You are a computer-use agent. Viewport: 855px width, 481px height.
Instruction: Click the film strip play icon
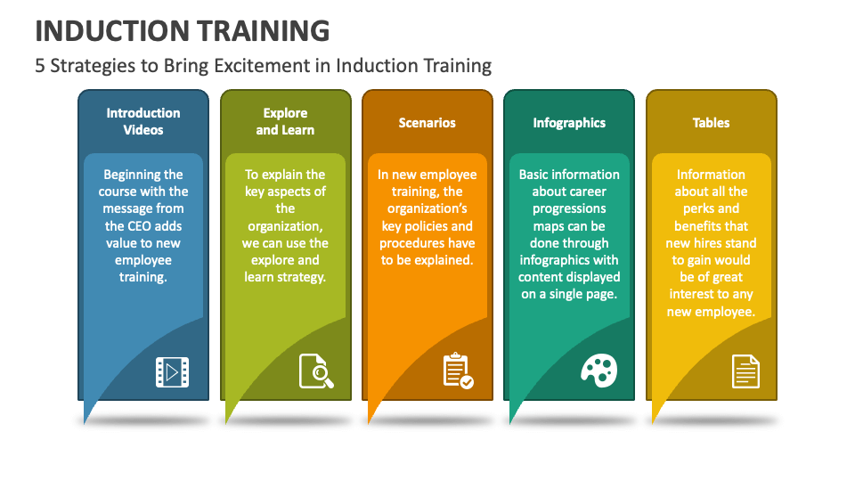tap(172, 371)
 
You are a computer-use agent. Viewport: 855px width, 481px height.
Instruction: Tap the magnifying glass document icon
tap(316, 371)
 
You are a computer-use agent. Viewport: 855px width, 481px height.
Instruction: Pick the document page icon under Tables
tap(745, 371)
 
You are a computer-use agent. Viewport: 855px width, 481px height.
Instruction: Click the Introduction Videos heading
tap(143, 121)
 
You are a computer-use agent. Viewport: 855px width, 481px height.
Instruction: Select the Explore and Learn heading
tap(285, 121)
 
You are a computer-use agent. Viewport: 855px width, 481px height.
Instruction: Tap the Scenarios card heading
tap(427, 123)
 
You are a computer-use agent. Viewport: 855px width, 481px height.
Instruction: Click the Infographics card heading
tap(569, 123)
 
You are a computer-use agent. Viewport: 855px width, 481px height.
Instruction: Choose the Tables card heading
tap(711, 123)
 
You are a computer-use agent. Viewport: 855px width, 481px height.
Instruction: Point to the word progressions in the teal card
tap(569, 209)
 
